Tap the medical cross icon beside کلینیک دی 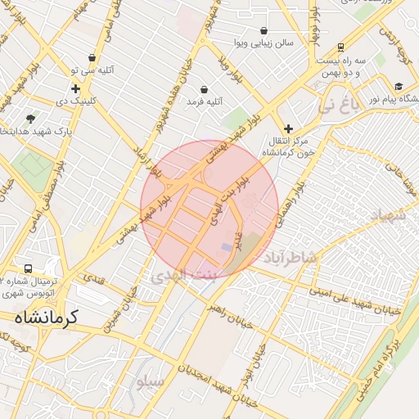[75, 89]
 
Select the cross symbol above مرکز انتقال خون [288, 128]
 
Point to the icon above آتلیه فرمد [204, 89]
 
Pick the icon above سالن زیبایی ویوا [263, 30]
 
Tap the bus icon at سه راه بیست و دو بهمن [340, 47]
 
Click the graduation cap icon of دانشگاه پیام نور [399, 86]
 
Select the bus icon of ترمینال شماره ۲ [29, 268]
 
